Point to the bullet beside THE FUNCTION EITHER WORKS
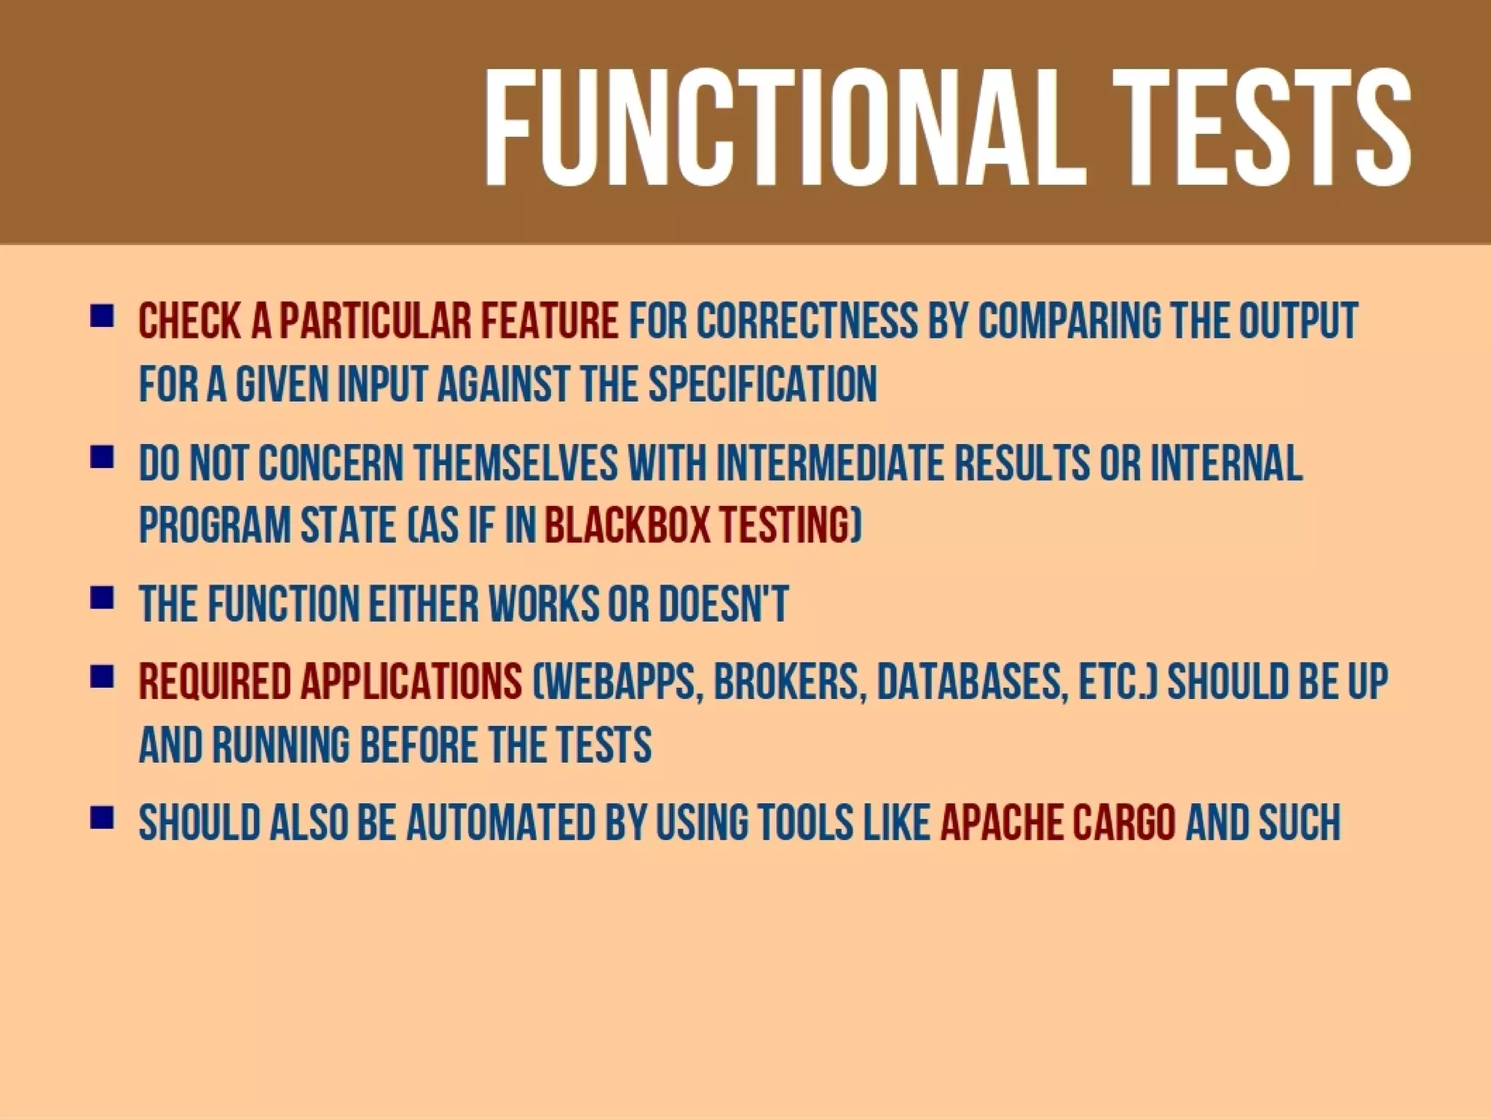pos(102,598)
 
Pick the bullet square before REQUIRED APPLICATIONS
pos(102,677)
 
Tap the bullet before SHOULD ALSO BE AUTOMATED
pos(102,818)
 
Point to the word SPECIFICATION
pos(762,384)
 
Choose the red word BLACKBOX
pos(627,526)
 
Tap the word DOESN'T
pos(723,604)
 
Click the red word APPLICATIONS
pos(411,682)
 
